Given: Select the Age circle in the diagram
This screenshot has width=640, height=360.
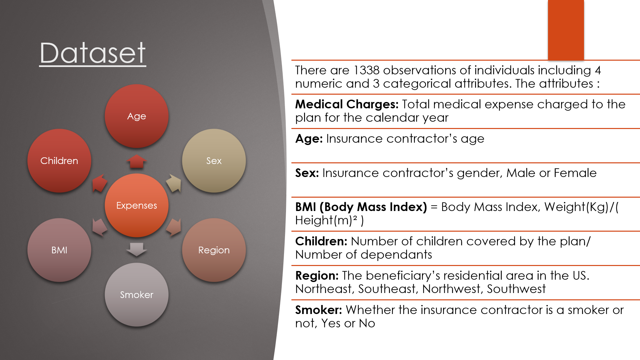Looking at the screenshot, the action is pos(137,116).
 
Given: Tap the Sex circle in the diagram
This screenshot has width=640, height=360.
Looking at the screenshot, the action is pos(214,161).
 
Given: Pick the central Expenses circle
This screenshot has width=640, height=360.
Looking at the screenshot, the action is pos(137,205).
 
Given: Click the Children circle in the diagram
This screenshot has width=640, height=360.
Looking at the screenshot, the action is pos(59,161).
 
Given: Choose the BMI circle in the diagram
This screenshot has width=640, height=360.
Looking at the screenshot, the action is pos(59,250).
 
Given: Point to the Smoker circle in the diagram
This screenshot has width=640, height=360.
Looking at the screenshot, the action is pos(137,295).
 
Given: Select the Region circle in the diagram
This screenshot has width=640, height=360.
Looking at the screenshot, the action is pos(214,250).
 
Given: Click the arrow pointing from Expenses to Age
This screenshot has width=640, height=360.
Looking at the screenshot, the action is pos(137,161).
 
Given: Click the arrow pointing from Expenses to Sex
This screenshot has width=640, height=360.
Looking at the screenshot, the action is pos(174,183).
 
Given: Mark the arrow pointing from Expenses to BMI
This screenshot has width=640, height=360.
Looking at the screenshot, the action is pos(100,228).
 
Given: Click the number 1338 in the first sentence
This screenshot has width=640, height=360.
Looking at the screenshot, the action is pos(366,70).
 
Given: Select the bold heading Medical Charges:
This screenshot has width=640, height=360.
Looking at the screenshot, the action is pos(347,104).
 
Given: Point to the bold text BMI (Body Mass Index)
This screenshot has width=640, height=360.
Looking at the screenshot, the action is pos(361,207).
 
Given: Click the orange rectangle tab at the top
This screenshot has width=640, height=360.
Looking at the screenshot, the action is pos(566,30).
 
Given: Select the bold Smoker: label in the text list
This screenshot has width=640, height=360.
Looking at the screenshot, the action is pos(319,310).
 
